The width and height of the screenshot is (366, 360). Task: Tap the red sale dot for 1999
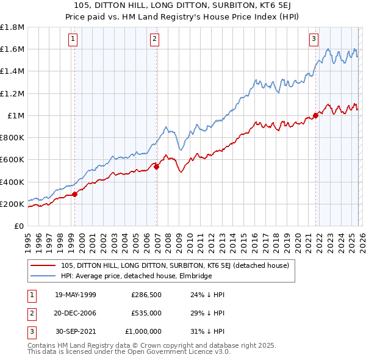[x=74, y=195]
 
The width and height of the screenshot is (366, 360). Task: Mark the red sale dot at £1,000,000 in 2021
[x=316, y=115]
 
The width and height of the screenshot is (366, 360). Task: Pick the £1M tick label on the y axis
[x=16, y=115]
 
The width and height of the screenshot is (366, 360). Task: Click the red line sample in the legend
[x=44, y=265]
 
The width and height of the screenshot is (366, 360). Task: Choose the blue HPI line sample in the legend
[x=44, y=276]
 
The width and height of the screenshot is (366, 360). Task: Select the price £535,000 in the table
[x=146, y=312]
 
